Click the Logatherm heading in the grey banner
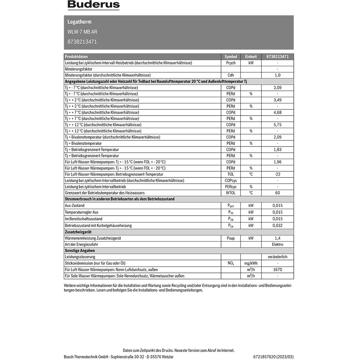tap(80, 22)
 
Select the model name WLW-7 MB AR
tap(82, 32)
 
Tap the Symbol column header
tap(231, 57)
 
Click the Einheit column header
tap(251, 57)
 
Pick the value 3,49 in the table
tap(278, 100)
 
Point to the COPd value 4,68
tap(278, 112)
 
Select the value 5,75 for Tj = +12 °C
tap(278, 125)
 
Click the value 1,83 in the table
tap(278, 149)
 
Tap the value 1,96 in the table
tap(278, 162)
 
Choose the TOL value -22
tap(278, 174)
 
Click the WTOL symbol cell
tap(231, 193)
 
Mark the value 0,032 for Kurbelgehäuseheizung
tap(278, 225)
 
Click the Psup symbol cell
tap(231, 238)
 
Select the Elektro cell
tap(278, 244)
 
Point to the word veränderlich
tap(278, 257)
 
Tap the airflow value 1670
tap(278, 270)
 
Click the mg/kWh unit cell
tap(251, 264)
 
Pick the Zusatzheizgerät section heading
tap(78, 232)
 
